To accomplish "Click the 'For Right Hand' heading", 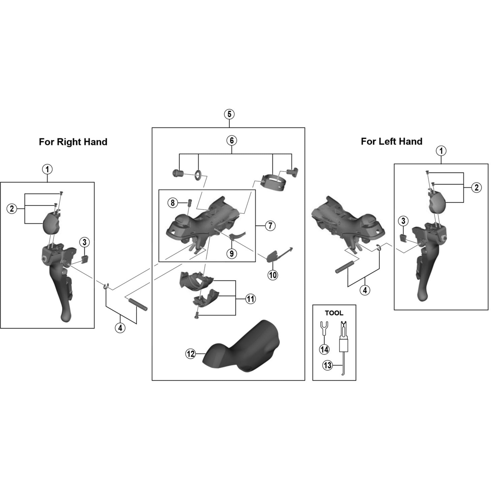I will pos(73,142).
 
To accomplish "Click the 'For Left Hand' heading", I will pos(391,141).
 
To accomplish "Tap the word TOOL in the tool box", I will pos(334,313).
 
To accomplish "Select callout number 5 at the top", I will pos(229,114).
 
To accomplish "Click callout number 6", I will pos(232,140).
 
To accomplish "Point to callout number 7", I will pos(270,225).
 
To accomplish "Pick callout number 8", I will pos(173,203).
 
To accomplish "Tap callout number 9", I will pos(232,253).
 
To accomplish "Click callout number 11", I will pos(250,299).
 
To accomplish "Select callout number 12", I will pos(191,354).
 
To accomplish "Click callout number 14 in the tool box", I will pos(324,350).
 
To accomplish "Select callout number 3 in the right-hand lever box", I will pos(84,242).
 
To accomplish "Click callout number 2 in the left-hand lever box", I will pos(476,188).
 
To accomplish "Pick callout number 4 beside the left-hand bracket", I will pos(365,290).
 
